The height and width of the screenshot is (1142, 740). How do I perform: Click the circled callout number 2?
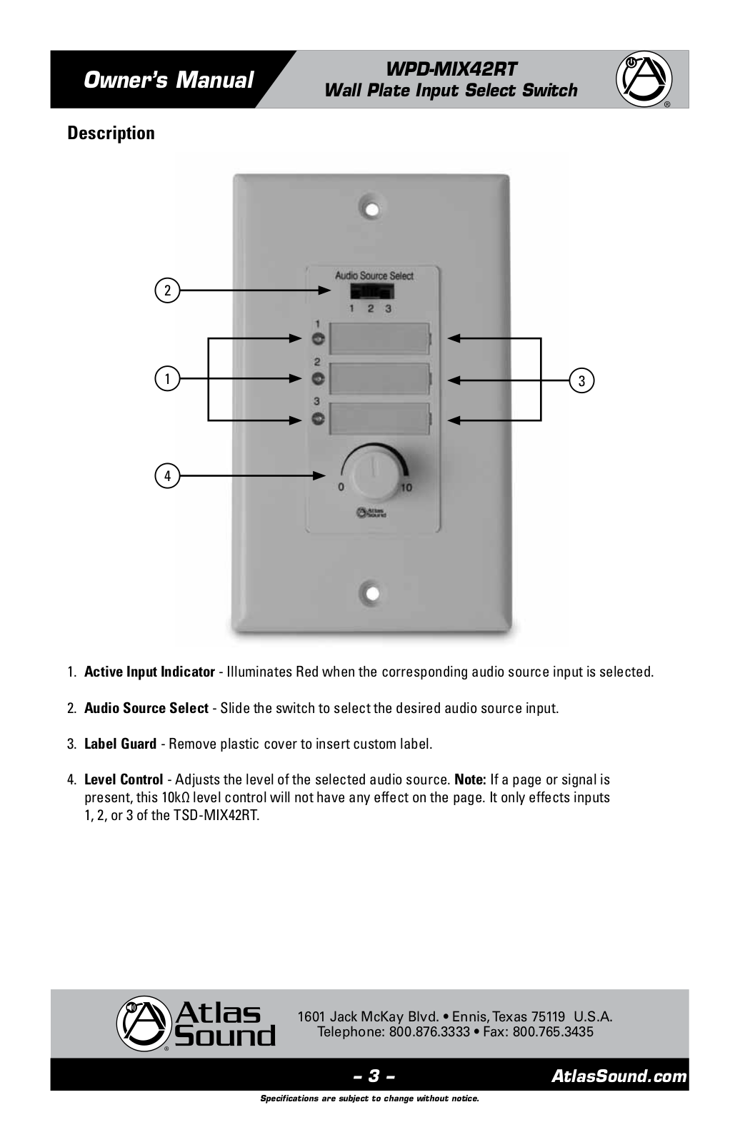(167, 290)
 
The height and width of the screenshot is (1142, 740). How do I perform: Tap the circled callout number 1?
(167, 378)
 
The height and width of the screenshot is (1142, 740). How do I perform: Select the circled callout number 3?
(582, 380)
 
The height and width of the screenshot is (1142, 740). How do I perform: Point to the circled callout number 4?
(167, 475)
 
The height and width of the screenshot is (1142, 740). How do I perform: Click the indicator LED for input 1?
(319, 339)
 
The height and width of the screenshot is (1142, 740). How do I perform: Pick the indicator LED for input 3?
(319, 419)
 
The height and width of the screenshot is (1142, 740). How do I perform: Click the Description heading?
(111, 133)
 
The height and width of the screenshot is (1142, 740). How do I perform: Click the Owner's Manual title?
(169, 80)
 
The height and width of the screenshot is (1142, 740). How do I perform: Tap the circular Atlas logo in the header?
(644, 79)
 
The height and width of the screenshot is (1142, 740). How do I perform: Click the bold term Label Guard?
(120, 744)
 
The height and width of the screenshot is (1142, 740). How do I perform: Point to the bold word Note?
(470, 779)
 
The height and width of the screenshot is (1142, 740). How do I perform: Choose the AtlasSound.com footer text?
(619, 1076)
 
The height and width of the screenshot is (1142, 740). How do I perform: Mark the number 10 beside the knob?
(406, 487)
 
